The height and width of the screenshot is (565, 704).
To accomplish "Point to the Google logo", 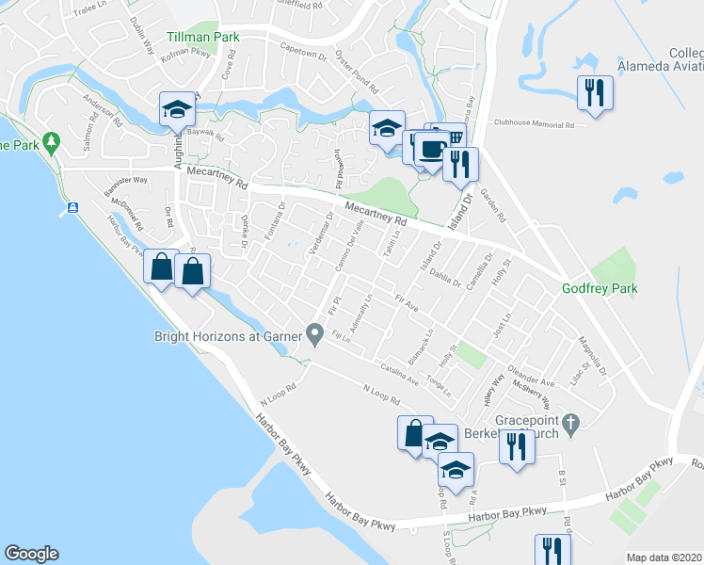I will (x=31, y=554).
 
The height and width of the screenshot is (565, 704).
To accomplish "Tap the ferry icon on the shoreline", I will (x=72, y=207).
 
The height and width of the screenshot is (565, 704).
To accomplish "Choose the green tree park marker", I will (x=52, y=143).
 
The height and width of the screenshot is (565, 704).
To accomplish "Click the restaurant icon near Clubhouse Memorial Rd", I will (x=594, y=92).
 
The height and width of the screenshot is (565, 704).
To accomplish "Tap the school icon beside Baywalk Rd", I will (x=176, y=109).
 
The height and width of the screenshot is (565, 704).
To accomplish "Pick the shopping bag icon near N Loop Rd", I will (x=414, y=434).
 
